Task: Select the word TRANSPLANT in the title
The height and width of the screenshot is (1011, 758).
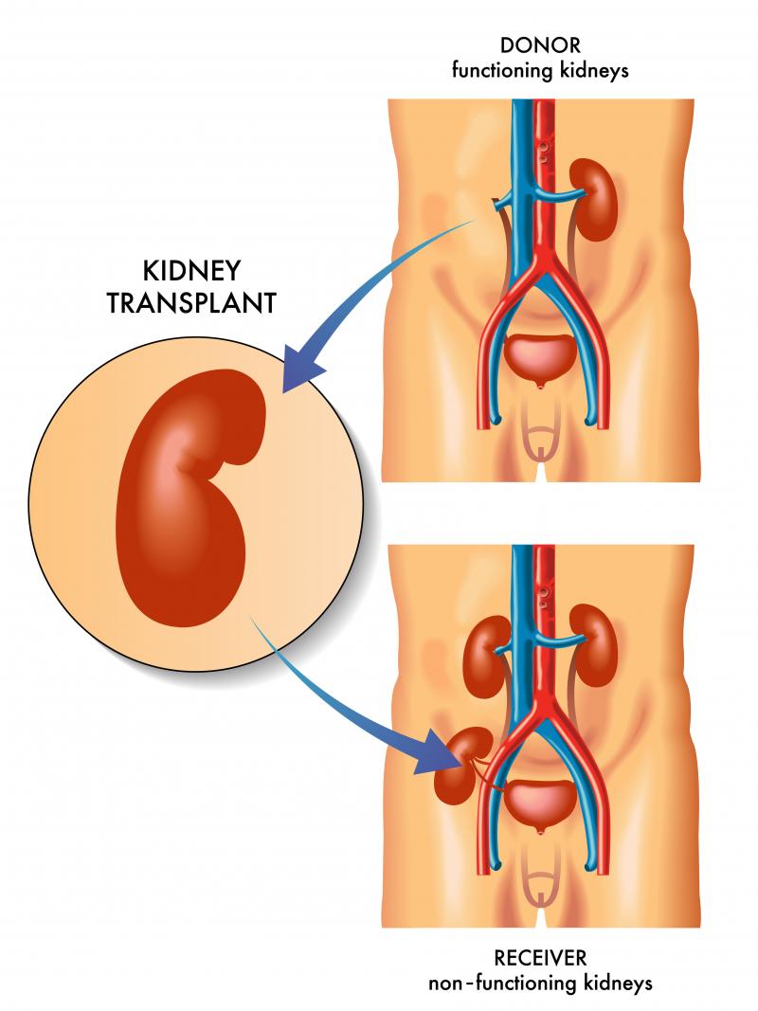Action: click(x=206, y=303)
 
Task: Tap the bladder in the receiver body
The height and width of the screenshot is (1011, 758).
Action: click(x=540, y=799)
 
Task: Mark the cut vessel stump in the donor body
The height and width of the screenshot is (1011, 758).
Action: click(x=496, y=201)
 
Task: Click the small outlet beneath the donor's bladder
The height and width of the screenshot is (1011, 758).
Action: click(x=540, y=384)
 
